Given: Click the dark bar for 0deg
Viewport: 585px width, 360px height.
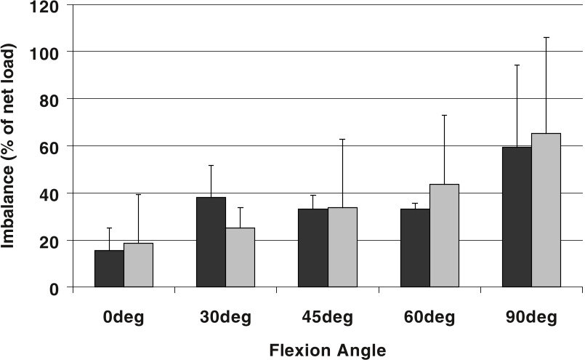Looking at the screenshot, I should tap(109, 269).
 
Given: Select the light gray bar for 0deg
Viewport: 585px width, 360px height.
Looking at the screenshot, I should tap(138, 265).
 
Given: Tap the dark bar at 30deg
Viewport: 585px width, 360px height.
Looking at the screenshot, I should tap(211, 243).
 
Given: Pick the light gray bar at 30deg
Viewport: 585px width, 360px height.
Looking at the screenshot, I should tap(241, 258).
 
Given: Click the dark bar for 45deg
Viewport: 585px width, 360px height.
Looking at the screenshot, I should tap(313, 248).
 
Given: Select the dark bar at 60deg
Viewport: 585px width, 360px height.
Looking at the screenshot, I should tap(415, 248).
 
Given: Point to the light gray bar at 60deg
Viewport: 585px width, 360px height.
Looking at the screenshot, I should tap(444, 236).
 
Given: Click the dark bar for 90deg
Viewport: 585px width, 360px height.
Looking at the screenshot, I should tap(517, 217).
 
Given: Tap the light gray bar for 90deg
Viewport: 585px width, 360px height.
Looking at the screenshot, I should tap(546, 210).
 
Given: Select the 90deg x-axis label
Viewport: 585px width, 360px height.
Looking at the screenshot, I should tap(531, 318).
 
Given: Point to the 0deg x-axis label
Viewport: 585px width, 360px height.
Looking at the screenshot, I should tap(124, 318).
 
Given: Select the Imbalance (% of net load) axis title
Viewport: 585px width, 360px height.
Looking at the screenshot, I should tap(9, 145).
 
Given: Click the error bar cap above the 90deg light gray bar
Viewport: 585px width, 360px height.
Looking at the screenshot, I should tap(546, 37).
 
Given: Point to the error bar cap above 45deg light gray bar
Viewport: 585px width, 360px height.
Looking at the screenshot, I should tap(342, 139).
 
